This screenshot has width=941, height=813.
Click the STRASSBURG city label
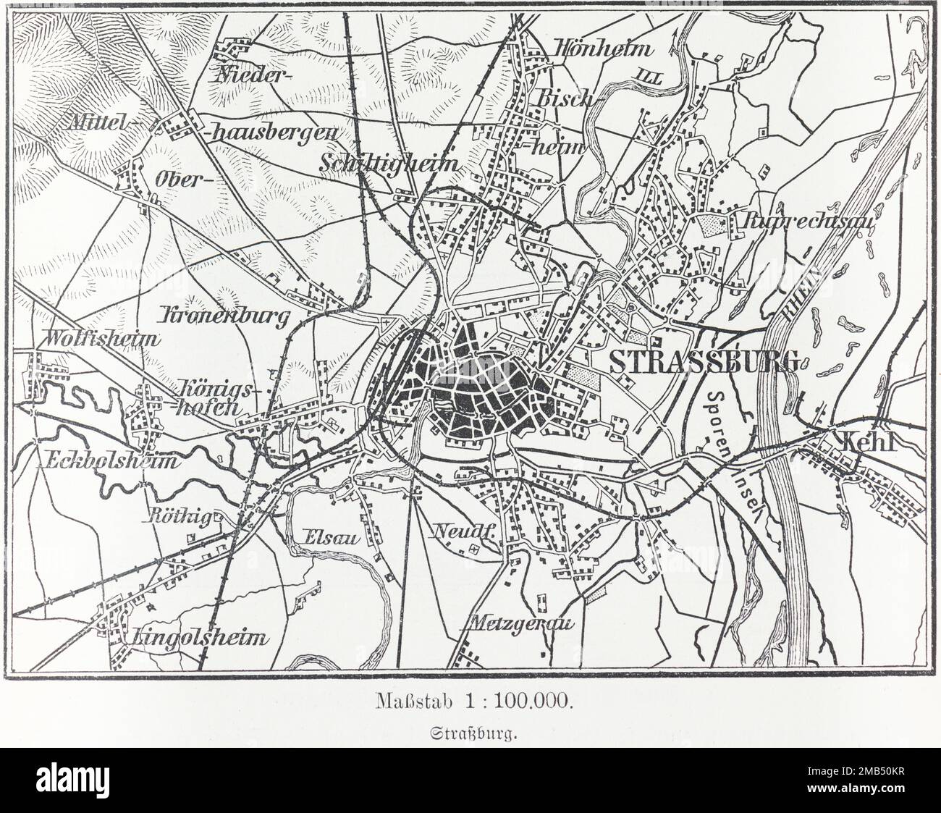[x=704, y=361]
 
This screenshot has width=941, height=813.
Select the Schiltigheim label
[x=389, y=163]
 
